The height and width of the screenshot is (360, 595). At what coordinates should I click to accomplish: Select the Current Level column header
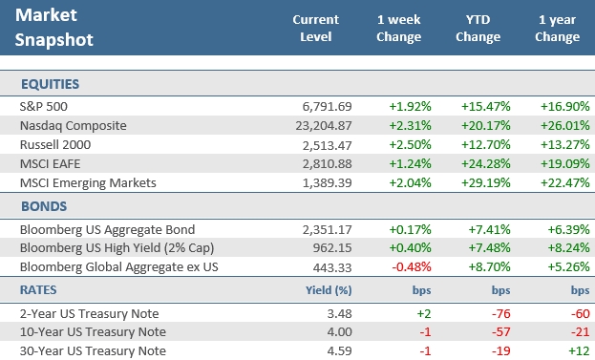315,28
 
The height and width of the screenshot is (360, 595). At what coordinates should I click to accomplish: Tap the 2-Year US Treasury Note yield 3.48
340,312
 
